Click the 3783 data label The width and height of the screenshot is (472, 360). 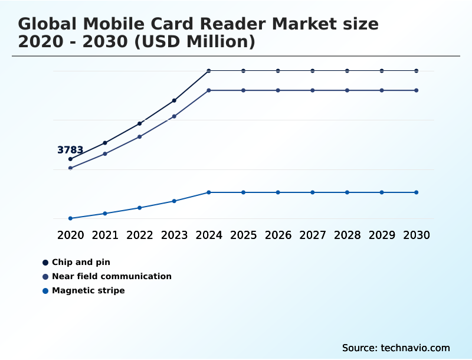70,150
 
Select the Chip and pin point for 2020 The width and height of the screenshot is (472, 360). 71,159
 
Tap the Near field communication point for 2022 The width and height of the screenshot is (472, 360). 140,137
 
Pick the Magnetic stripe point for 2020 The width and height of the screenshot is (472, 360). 71,218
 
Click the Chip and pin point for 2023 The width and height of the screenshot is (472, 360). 174,101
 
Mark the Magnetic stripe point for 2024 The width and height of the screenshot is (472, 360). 209,192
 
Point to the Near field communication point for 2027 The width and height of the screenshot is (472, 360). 313,90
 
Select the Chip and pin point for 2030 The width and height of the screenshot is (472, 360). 417,71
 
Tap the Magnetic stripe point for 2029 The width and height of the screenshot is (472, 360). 382,192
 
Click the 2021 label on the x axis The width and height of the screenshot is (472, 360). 105,235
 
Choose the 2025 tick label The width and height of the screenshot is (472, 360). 243,235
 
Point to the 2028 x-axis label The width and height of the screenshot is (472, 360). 347,235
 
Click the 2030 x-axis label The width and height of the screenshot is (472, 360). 417,235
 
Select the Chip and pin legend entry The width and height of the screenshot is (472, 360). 81,262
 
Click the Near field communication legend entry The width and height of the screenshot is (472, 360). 112,276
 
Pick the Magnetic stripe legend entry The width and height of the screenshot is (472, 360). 88,290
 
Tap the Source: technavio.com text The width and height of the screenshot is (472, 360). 396,348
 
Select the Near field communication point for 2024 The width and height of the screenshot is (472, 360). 209,90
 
